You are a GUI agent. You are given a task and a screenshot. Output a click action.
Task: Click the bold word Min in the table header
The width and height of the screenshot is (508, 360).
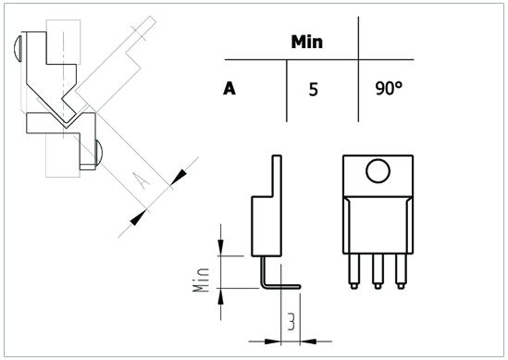307,43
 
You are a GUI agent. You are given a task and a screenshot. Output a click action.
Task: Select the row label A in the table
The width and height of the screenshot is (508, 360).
229,89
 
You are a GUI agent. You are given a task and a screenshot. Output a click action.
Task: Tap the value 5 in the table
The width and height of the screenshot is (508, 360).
313,90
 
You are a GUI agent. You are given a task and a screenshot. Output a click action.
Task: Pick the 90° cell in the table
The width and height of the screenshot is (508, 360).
389,88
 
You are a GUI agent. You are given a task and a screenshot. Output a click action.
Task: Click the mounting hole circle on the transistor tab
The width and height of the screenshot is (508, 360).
378,171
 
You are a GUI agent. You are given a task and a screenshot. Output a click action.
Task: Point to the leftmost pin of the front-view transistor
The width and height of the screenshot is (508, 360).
354,271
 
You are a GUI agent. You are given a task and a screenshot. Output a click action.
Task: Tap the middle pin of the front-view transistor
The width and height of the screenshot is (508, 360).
378,271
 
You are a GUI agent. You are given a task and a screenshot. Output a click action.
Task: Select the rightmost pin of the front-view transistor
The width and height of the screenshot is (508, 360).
401,271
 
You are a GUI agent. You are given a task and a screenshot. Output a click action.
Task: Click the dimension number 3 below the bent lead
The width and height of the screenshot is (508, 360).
291,322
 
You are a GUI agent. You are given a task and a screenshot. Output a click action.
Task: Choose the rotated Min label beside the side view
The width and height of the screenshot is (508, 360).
201,280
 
